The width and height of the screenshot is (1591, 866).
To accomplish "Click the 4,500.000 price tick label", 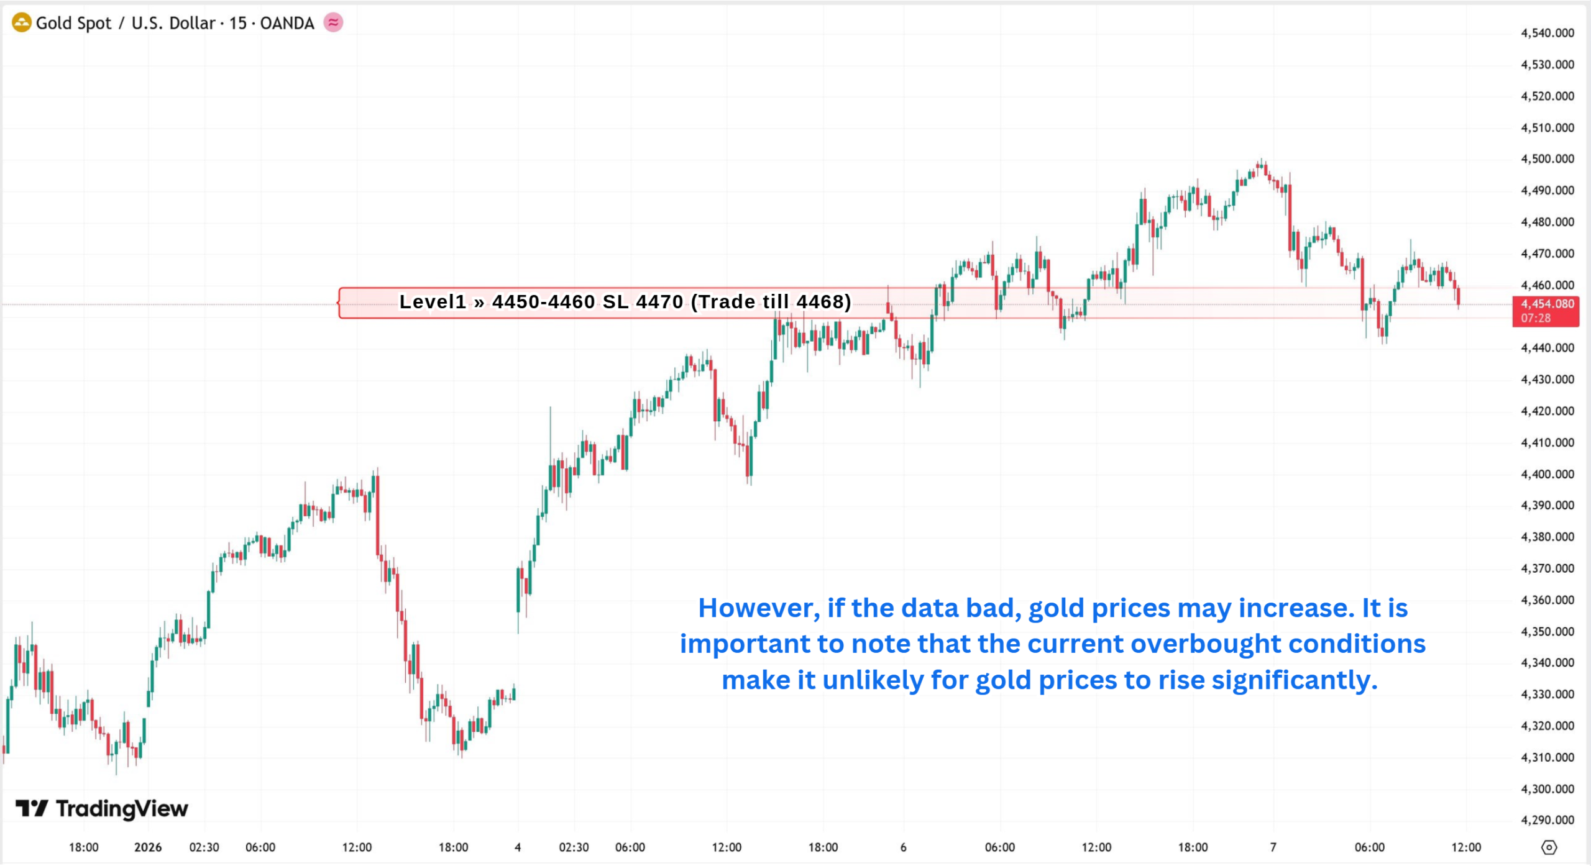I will click(x=1547, y=159).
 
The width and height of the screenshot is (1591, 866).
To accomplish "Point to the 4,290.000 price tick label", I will click(x=1547, y=820).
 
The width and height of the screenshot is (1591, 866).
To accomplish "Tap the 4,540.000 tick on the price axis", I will click(x=1547, y=33).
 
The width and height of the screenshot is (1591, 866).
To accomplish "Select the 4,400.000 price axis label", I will click(x=1547, y=475).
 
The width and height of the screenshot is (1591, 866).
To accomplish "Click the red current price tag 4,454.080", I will click(x=1546, y=304).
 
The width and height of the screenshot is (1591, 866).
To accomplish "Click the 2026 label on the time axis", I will click(x=148, y=847).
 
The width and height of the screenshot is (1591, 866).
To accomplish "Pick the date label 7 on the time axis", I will click(x=1273, y=847).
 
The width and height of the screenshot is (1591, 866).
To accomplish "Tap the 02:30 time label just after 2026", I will click(x=204, y=847).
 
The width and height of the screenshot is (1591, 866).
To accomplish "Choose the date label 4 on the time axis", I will click(x=518, y=847).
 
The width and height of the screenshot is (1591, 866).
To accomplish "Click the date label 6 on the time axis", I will click(x=903, y=847).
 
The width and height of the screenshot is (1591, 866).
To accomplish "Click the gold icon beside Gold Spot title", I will click(x=21, y=23).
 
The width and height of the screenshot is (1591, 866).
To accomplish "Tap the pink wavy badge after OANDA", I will click(x=334, y=23).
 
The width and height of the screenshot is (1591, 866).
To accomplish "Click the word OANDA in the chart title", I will click(x=287, y=24).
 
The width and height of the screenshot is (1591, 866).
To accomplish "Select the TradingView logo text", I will click(x=121, y=809).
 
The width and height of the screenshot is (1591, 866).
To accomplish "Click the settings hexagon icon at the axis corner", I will click(x=1549, y=847).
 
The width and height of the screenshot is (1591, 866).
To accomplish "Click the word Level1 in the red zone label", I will click(x=433, y=302).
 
